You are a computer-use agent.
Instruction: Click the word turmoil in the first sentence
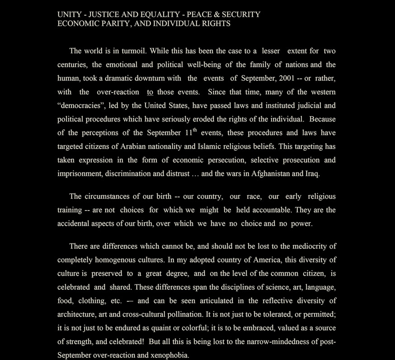pyautogui.click(x=134, y=51)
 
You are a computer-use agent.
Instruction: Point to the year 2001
pyautogui.click(x=287, y=78)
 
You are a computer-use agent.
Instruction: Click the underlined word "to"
pyautogui.click(x=150, y=92)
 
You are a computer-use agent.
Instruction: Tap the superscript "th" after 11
pyautogui.click(x=195, y=130)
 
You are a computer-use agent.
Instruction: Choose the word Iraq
pyautogui.click(x=312, y=173)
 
